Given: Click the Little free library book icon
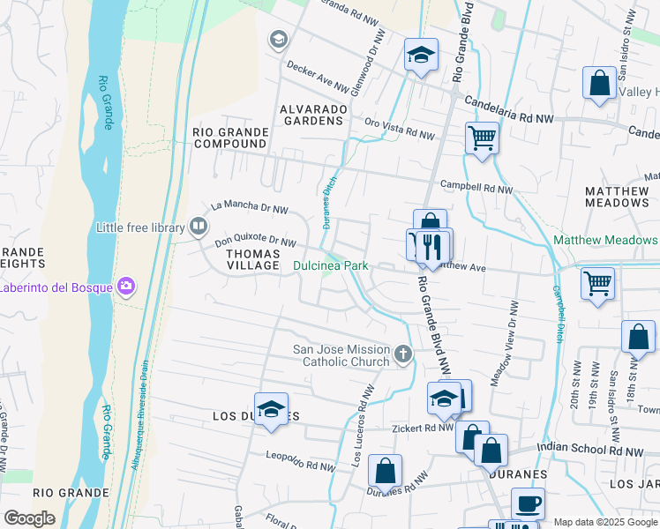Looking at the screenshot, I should tap(199, 227).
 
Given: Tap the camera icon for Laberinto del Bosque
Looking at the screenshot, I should tap(126, 286).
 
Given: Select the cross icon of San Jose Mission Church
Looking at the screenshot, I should tap(403, 354).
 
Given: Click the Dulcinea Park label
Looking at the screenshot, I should tap(330, 265).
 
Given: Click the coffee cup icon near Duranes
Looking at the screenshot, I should tap(528, 503).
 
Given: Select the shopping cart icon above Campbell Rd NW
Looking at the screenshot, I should tap(482, 138).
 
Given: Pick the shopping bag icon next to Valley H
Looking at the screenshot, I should tap(599, 85).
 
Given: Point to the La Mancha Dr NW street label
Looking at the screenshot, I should tap(250, 208).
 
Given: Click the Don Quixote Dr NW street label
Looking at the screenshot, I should tap(255, 241).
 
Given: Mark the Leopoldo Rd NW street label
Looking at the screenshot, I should tap(301, 461).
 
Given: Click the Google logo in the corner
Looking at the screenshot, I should tap(30, 518).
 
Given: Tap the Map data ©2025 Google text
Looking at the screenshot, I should tap(604, 521).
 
